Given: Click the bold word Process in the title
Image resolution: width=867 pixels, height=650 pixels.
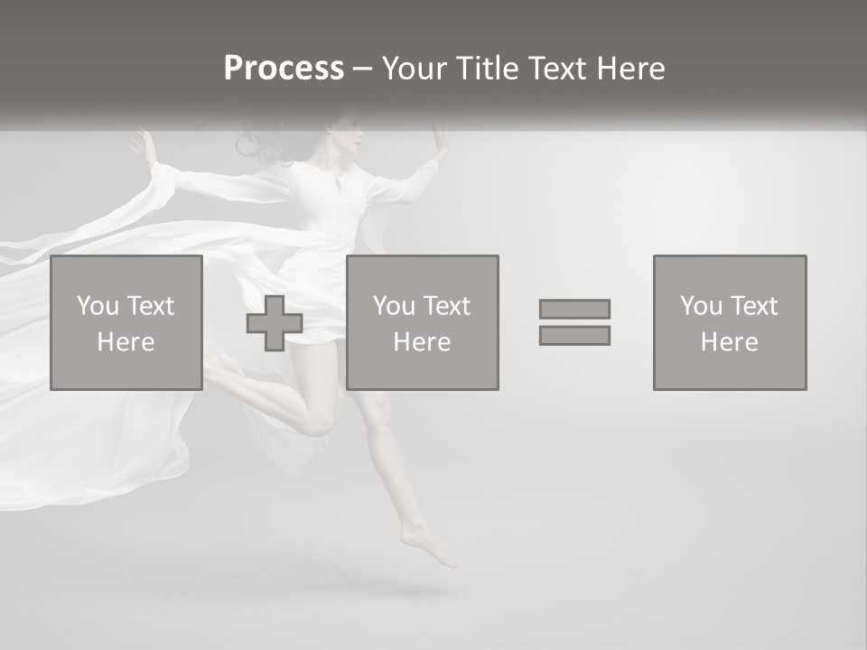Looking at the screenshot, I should (x=284, y=69).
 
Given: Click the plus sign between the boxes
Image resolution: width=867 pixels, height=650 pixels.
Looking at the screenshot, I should (x=275, y=323).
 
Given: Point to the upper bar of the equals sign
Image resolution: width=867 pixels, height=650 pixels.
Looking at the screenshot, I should (x=574, y=309).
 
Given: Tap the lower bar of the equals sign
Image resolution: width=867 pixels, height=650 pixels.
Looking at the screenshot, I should (x=574, y=335).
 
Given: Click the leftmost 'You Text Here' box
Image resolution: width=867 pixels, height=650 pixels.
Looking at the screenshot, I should (x=126, y=322).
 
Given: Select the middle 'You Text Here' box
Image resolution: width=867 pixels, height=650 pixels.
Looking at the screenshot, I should (x=423, y=322).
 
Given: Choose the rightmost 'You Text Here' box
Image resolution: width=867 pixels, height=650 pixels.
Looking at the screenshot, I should (x=730, y=322).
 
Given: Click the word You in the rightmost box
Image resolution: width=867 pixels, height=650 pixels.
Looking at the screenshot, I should (x=700, y=306).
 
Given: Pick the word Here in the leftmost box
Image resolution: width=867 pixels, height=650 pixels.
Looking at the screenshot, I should (x=126, y=342).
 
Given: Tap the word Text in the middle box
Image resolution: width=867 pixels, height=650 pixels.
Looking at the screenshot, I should (x=449, y=306).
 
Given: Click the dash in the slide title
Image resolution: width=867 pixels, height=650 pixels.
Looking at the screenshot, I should (x=363, y=69).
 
